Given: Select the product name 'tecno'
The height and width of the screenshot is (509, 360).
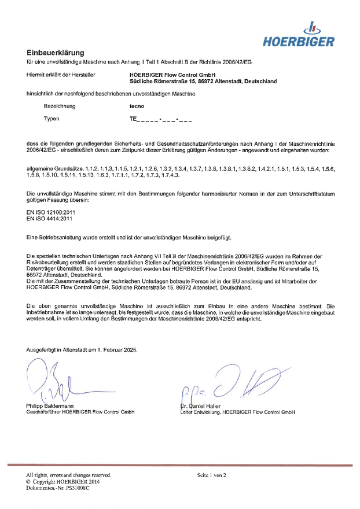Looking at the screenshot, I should pyautogui.click(x=137, y=106).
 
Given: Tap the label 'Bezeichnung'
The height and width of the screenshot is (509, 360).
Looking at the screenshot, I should pyautogui.click(x=60, y=106).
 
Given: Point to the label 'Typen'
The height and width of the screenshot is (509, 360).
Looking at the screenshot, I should pyautogui.click(x=52, y=119).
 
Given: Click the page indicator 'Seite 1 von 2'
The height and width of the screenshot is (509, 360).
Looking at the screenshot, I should pyautogui.click(x=211, y=475).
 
